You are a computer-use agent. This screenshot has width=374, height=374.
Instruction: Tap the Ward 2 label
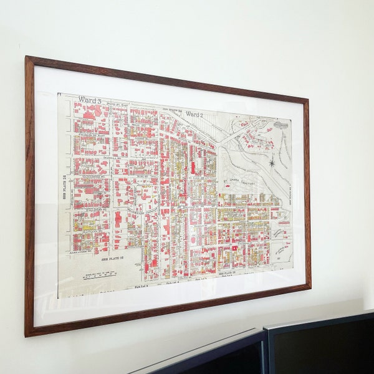(x=194, y=115)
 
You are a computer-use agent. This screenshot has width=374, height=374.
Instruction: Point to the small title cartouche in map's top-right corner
(x=281, y=125)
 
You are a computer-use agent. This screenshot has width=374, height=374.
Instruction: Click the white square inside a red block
(x=233, y=248)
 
